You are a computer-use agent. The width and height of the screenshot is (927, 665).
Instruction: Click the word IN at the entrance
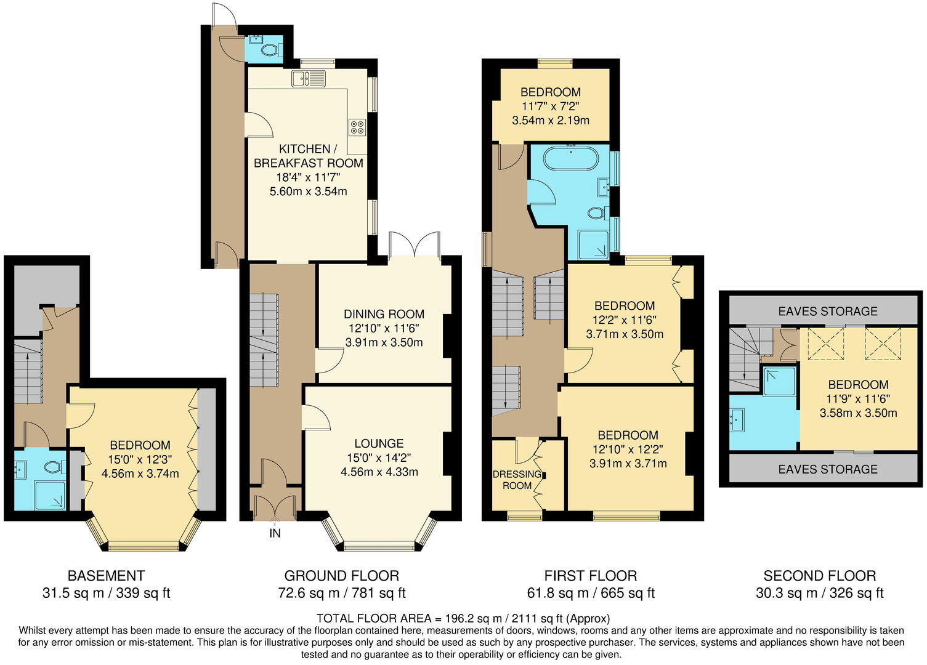point(275,533)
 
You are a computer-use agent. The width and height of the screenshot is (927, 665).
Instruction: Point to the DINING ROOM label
point(384,314)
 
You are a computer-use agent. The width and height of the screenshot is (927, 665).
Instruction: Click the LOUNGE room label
point(379,443)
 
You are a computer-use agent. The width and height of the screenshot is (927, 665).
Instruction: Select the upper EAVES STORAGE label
point(827,311)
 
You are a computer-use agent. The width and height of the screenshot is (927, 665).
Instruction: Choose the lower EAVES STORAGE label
point(827,469)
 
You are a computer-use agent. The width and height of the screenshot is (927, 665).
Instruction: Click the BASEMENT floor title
point(106,576)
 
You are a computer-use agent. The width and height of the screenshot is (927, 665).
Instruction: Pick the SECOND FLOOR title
point(819,576)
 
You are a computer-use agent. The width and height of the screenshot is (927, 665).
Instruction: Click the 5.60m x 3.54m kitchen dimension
point(308,191)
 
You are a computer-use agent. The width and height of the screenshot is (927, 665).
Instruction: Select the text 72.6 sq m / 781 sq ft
point(341,594)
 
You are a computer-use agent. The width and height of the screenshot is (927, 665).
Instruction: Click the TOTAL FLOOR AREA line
point(463,618)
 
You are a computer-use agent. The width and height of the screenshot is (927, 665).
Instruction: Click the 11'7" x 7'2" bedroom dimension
point(550,106)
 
